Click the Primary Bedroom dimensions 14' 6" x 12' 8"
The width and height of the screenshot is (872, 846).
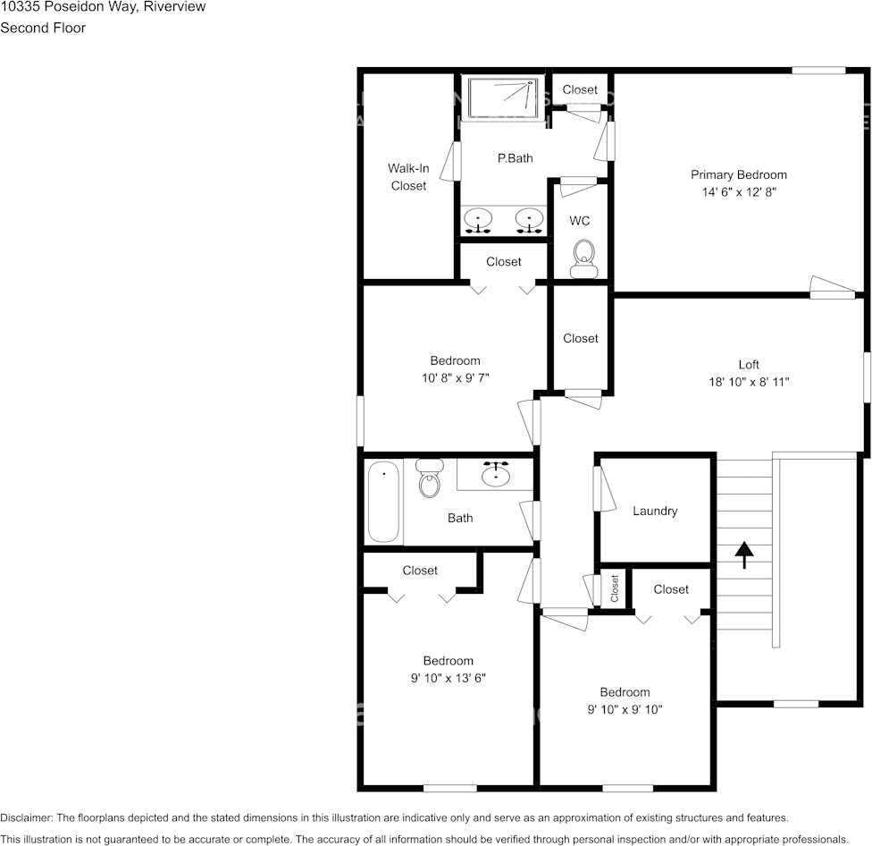(x=738, y=192)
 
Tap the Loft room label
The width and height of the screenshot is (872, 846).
(x=749, y=364)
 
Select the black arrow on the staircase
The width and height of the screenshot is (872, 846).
(x=742, y=554)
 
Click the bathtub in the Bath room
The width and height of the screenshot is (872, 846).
(x=384, y=501)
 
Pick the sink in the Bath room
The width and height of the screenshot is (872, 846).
(x=496, y=474)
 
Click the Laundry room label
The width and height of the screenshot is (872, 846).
(x=655, y=511)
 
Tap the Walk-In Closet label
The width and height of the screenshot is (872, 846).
(x=408, y=176)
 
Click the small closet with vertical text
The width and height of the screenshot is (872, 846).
(x=615, y=588)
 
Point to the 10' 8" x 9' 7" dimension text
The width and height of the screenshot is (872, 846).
(x=455, y=378)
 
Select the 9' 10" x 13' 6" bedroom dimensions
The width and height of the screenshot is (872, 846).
(x=448, y=678)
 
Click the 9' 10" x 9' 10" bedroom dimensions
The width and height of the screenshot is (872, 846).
(x=625, y=709)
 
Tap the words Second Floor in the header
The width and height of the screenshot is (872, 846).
(x=43, y=28)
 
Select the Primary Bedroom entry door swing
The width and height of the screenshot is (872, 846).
(x=832, y=286)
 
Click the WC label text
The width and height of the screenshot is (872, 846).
(x=579, y=220)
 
